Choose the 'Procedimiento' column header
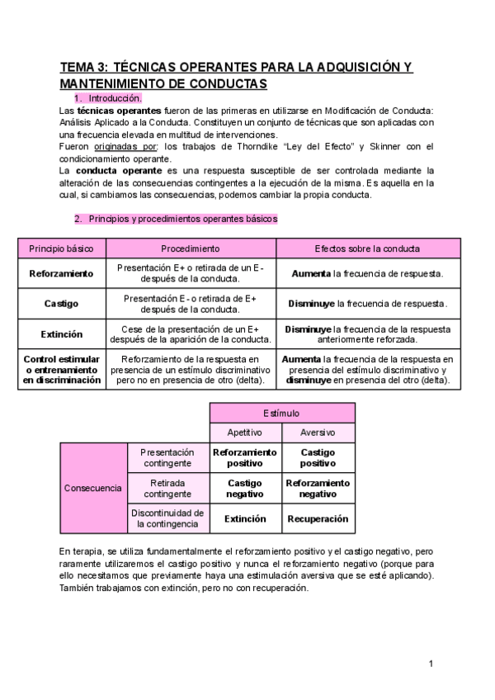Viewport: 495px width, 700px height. point(190,248)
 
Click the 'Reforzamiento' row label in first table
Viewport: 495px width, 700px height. point(61,273)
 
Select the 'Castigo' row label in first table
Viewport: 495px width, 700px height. point(61,304)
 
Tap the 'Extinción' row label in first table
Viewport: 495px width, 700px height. point(61,334)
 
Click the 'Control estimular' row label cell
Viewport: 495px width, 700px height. point(61,370)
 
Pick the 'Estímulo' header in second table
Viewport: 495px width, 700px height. point(281,413)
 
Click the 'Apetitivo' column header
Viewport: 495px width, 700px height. point(244,433)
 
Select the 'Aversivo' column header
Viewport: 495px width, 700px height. point(318,433)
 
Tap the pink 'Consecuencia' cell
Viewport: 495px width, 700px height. point(93,488)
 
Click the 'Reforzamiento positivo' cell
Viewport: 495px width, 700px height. point(244,458)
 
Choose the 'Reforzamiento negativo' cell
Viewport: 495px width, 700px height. point(318,488)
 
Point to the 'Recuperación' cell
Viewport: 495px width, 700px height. point(318,519)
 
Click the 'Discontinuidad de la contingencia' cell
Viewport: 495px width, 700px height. point(167,518)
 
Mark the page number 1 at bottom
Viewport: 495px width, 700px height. point(431,664)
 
